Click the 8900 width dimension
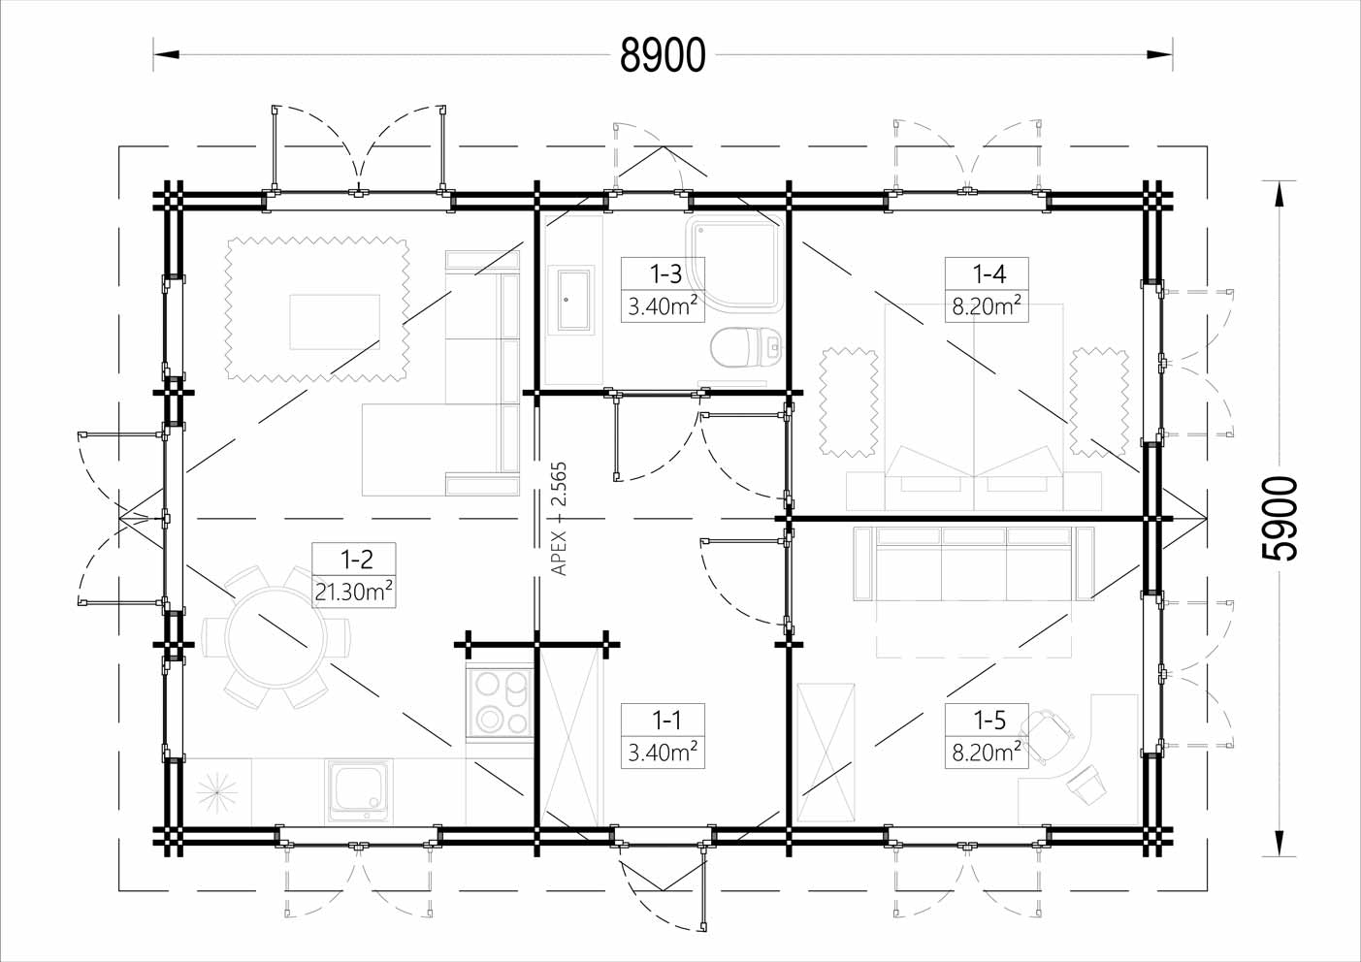click(x=663, y=54)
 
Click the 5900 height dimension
click(x=1280, y=518)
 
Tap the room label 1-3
click(x=665, y=273)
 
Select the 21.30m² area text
click(x=354, y=591)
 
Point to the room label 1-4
click(x=989, y=273)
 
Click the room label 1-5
click(x=989, y=721)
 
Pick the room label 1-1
click(x=666, y=721)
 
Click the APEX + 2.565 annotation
click(x=559, y=519)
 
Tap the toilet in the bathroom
click(x=746, y=347)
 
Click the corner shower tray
click(x=733, y=264)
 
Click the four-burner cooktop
click(x=500, y=703)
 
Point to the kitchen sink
click(x=359, y=790)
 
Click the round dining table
click(x=275, y=637)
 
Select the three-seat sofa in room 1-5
click(x=974, y=563)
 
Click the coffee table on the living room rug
click(x=335, y=322)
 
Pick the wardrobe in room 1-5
click(x=826, y=753)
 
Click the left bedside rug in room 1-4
click(x=848, y=402)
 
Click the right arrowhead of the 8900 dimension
click(x=1159, y=54)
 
